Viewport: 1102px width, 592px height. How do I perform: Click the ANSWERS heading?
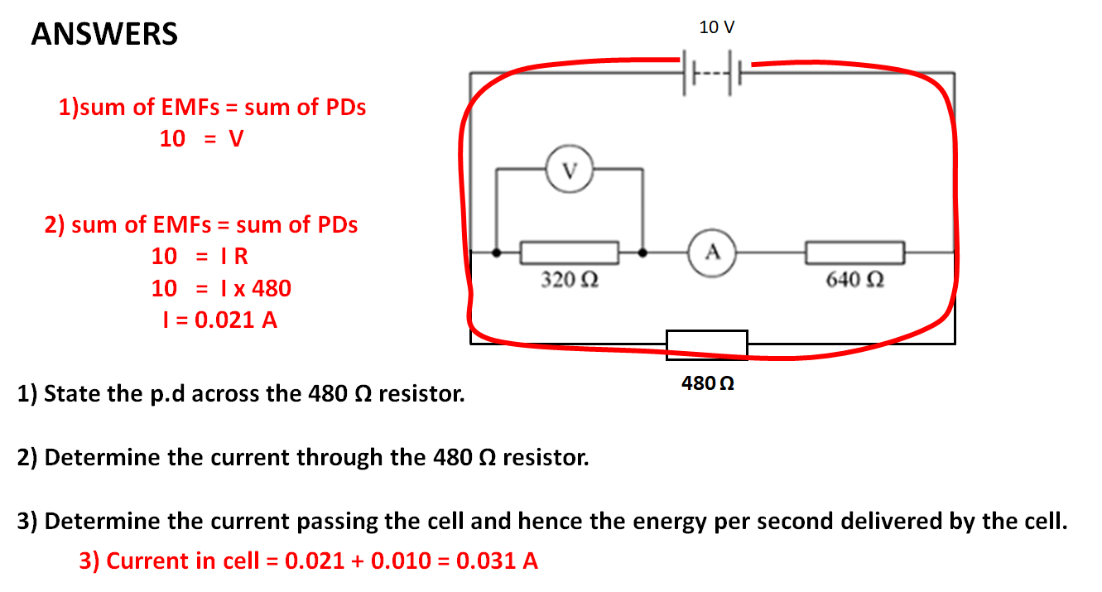tap(104, 34)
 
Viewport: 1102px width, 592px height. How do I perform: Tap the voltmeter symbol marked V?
tap(568, 171)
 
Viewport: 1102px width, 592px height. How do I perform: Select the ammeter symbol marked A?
tap(711, 251)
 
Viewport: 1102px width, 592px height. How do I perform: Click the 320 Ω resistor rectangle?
tap(570, 252)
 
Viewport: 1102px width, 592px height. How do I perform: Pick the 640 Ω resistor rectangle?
tap(854, 252)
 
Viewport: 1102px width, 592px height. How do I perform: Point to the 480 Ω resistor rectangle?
tap(707, 344)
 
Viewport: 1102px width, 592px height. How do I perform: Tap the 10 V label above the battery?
tap(716, 27)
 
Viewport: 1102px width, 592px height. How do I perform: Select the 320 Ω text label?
tap(570, 280)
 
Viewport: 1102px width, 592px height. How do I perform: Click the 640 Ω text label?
tap(854, 280)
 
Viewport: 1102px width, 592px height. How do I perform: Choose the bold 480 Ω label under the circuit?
tap(708, 383)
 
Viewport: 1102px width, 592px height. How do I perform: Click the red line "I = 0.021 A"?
tap(219, 320)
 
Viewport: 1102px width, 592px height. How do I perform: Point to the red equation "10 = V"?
tap(201, 139)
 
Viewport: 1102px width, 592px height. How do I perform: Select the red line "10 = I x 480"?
tap(221, 288)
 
